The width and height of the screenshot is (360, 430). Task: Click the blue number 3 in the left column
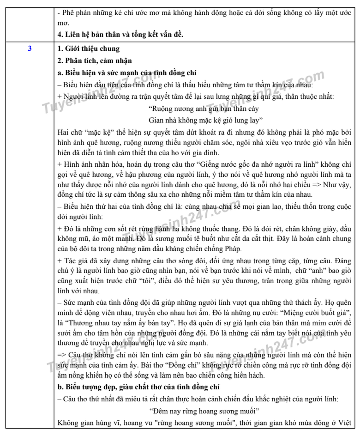(30, 48)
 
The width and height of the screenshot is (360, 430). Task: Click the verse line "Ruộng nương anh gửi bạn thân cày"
(204, 109)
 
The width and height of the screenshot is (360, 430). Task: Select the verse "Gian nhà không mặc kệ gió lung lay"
(204, 120)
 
